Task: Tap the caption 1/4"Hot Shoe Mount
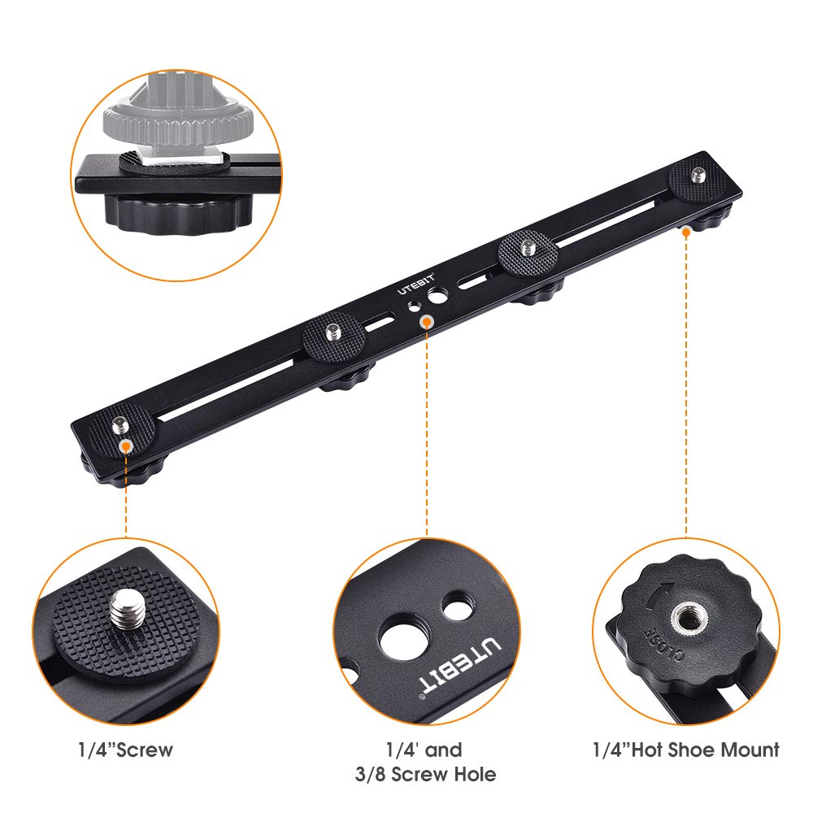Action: click(x=685, y=749)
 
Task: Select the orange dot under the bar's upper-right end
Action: click(x=686, y=232)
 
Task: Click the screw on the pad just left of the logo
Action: click(x=332, y=331)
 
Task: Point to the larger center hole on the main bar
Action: click(x=439, y=298)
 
